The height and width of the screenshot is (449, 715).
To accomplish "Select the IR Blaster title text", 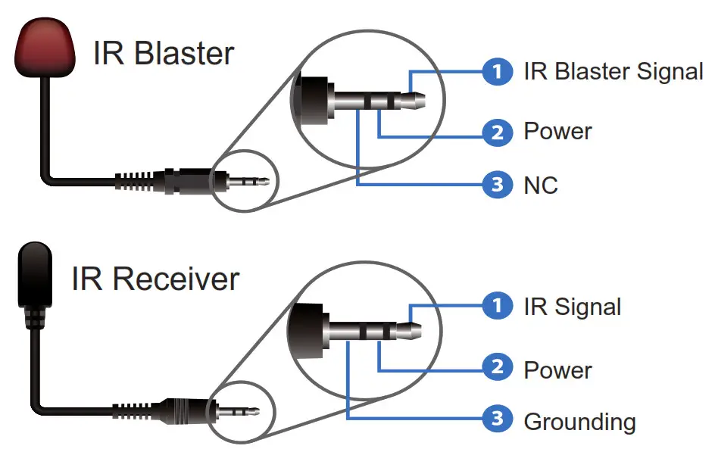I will click(x=164, y=54).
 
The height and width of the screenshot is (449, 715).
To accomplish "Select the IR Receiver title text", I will click(x=155, y=279).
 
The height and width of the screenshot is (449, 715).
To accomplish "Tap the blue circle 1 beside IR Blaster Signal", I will click(x=497, y=72).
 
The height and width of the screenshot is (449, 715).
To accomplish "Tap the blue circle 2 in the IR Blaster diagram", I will click(x=497, y=133).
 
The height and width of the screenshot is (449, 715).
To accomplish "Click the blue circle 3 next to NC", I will click(x=497, y=184).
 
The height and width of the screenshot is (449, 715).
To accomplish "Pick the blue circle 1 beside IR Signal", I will click(x=497, y=306).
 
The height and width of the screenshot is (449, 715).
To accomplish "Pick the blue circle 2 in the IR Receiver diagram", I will click(x=497, y=369).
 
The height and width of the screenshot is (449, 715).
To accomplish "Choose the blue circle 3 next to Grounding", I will click(x=497, y=419).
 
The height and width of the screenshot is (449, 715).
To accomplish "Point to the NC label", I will click(x=540, y=185).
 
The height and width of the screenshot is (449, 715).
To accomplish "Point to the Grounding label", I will click(x=579, y=421).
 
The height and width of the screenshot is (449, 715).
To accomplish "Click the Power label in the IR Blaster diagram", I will click(x=557, y=132).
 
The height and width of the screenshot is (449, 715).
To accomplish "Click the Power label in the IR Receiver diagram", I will click(x=557, y=369).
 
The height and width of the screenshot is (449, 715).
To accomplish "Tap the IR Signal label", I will click(x=572, y=307).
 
